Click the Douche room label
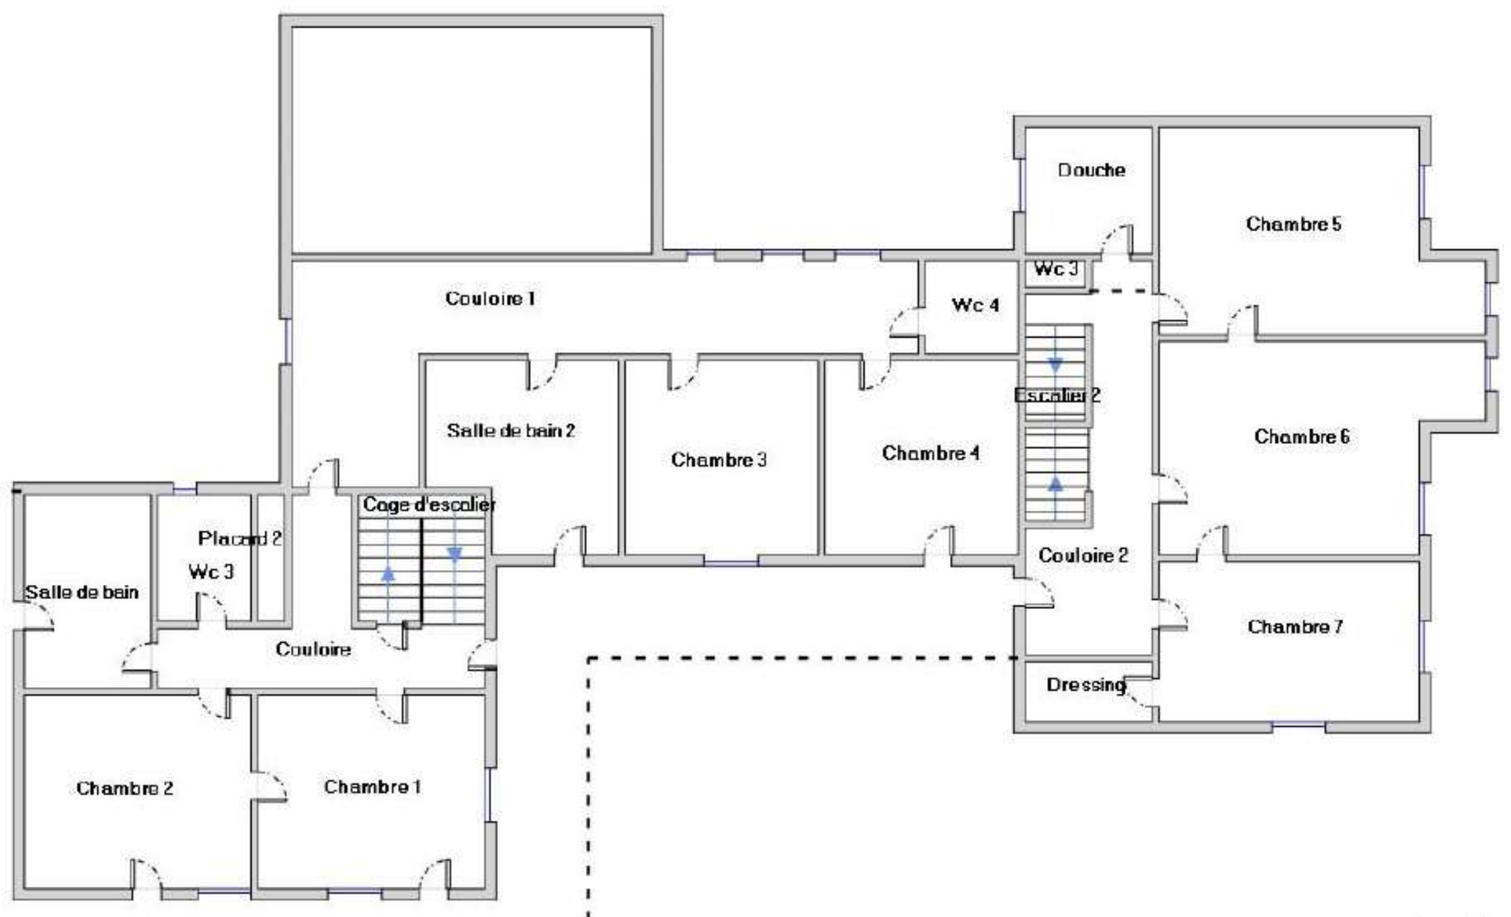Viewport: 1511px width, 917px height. coord(1092,170)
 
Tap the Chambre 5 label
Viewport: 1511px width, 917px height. coord(1293,224)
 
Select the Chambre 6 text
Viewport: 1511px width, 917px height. coord(1302,436)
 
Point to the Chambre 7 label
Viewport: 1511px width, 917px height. coord(1295,627)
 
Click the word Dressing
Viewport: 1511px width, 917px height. coord(1086,685)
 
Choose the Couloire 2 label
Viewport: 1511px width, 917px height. coord(1083,555)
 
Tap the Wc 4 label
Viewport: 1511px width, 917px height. coord(975,305)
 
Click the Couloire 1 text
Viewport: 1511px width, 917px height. coord(490,298)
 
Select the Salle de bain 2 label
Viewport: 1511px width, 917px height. coord(511,430)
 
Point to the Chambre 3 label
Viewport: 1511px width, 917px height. coord(719,460)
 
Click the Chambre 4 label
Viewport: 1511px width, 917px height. coord(930,453)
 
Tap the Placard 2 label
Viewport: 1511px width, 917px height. coord(240,539)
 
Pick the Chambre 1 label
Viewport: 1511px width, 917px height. coord(372,787)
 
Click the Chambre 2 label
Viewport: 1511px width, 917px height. coord(124,788)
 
